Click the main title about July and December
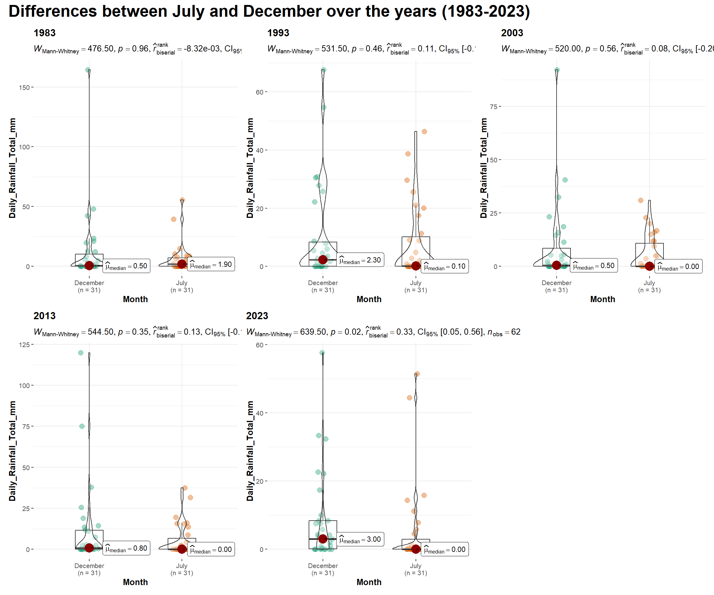point(269,11)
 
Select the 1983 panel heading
point(45,33)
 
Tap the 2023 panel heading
point(257,316)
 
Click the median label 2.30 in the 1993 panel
point(360,260)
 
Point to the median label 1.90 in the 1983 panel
point(211,265)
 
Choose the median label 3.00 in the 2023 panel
point(360,539)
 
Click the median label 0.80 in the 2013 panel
point(126,549)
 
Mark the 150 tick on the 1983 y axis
point(24,87)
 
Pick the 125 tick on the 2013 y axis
point(24,345)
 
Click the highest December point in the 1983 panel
point(88,70)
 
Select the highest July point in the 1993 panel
point(424,132)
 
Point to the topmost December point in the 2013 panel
point(81,353)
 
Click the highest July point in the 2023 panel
point(417,374)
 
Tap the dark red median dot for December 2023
point(323,539)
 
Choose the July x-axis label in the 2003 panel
point(649,283)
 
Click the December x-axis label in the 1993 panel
point(323,283)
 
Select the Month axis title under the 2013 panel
point(135,582)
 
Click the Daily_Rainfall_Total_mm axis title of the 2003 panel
point(483,168)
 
